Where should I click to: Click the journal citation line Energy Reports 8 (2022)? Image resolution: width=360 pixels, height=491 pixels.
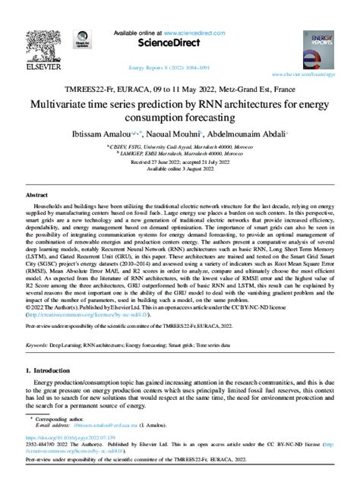coord(180,67)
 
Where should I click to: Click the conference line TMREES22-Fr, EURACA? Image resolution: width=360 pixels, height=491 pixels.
coord(180,87)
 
